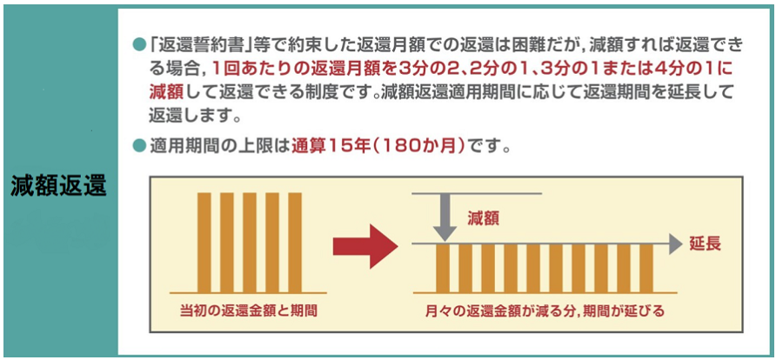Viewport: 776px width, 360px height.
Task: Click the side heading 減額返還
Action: pyautogui.click(x=58, y=187)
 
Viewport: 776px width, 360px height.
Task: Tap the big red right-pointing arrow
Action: pyautogui.click(x=365, y=246)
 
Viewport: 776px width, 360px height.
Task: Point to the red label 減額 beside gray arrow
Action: pyautogui.click(x=483, y=218)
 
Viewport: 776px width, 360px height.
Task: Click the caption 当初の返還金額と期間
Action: pyautogui.click(x=249, y=310)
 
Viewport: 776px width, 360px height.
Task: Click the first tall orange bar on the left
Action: pyautogui.click(x=204, y=243)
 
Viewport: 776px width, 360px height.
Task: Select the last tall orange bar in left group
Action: pyautogui.click(x=294, y=243)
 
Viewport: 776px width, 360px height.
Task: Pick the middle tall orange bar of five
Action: pyautogui.click(x=250, y=243)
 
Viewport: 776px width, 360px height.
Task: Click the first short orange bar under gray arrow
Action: pyautogui.click(x=443, y=268)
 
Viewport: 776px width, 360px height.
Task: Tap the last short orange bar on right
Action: pyautogui.click(x=646, y=268)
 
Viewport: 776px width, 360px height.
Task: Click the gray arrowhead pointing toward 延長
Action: pyautogui.click(x=676, y=243)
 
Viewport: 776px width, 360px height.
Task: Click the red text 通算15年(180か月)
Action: pyautogui.click(x=379, y=147)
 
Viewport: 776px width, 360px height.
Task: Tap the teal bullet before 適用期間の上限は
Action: pyautogui.click(x=138, y=147)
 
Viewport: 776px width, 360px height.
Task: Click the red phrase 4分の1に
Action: pyautogui.click(x=708, y=67)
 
